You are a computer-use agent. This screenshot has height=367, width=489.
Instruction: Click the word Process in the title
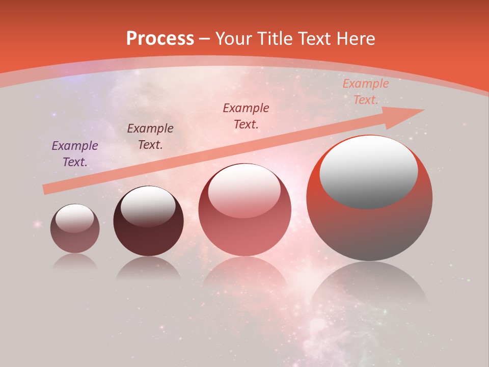coord(160,39)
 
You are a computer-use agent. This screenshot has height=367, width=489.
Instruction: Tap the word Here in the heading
coord(355,39)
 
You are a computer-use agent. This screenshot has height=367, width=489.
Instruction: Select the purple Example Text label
coord(75,154)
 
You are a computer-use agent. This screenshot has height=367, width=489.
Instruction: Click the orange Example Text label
coord(365,92)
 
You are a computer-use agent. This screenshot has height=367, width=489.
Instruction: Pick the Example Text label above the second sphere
coord(150,137)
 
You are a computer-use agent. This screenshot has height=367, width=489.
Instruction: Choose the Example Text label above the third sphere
coord(246,116)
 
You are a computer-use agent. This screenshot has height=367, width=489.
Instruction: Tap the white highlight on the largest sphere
coord(369,172)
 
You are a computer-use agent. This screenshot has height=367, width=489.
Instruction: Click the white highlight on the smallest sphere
coord(75,219)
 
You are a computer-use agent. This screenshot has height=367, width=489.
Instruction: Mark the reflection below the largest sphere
coord(369,285)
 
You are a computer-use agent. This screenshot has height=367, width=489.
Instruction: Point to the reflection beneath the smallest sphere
coord(75,261)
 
